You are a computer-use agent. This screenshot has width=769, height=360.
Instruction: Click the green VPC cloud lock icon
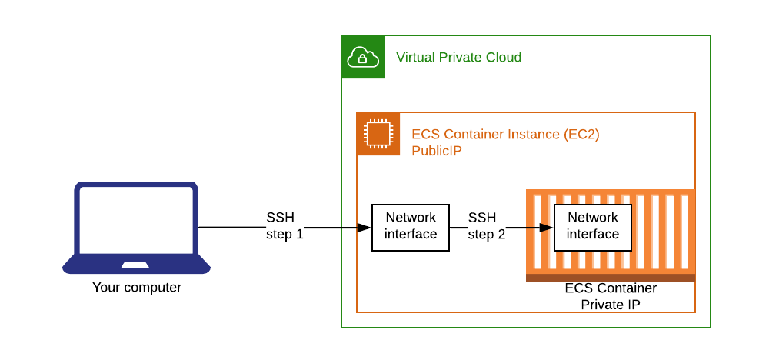pos(363,57)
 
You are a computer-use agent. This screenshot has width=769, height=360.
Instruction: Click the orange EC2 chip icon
pos(378,134)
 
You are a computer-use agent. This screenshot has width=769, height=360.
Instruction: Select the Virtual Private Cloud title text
pos(458,58)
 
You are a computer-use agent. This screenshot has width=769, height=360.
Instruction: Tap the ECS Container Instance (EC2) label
pos(505,135)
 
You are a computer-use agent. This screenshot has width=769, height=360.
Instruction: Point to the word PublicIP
pos(437,151)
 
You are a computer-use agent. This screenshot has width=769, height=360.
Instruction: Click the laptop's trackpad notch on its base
pos(135,265)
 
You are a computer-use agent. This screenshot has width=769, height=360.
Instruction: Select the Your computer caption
pos(137,288)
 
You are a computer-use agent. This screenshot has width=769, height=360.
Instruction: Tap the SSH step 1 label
pos(284,226)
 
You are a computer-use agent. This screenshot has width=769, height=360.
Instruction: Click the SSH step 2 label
pos(486,226)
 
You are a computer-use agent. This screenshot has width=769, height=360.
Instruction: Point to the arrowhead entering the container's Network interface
pos(548,228)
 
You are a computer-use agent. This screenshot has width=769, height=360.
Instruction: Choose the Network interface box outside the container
pos(411,227)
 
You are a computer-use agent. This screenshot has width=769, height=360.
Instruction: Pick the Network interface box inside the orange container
pos(593,227)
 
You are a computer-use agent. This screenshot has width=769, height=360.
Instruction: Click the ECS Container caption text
pos(611,288)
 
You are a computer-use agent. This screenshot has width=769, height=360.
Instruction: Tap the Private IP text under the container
pos(611,305)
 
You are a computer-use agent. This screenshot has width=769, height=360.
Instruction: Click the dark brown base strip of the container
pos(611,277)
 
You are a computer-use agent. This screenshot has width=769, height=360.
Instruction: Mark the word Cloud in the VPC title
pos(503,58)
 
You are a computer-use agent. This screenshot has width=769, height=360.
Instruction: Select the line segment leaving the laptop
pos(231,228)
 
